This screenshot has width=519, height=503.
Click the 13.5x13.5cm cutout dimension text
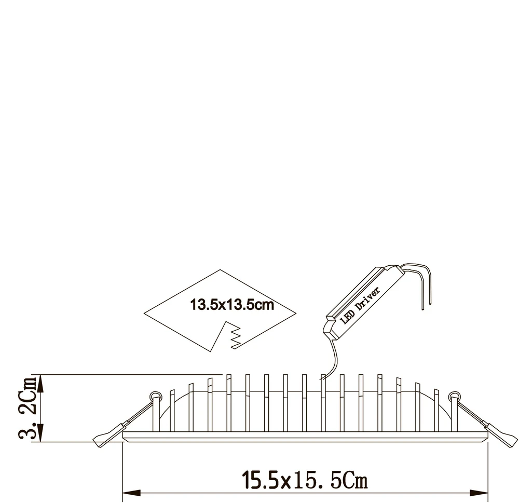click(x=232, y=305)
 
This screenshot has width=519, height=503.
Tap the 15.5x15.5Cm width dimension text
click(x=305, y=480)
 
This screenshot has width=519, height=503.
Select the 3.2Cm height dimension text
click(x=27, y=407)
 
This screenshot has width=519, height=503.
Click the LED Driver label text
click(x=360, y=306)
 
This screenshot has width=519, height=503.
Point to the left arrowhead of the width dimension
click(x=131, y=493)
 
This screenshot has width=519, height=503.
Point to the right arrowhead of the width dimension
click(x=479, y=493)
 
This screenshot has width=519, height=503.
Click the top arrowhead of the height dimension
click(x=40, y=384)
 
